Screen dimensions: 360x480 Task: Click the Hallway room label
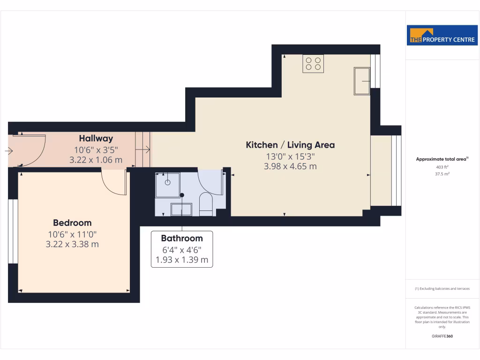point(96,138)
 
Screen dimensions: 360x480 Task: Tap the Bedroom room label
point(72,223)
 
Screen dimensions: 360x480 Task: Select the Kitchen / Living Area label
point(290,145)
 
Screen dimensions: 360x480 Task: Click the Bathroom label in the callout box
point(182,238)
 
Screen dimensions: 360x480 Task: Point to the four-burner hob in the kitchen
point(313,63)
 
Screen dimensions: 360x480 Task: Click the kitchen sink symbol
point(361,81)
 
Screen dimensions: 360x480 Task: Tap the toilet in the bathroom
point(206,204)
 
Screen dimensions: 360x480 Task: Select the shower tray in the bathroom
point(167,185)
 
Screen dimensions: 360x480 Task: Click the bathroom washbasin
point(181,209)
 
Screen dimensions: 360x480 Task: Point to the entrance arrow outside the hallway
point(9,151)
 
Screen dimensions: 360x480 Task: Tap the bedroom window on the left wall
point(13,231)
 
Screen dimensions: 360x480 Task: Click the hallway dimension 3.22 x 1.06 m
point(96,160)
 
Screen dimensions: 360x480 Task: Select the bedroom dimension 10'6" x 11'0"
point(72,234)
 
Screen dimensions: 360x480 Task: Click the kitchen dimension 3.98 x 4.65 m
point(290,166)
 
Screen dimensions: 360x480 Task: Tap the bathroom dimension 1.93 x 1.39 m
point(182,260)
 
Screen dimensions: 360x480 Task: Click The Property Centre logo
point(442,37)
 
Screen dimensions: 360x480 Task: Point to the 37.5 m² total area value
point(442,173)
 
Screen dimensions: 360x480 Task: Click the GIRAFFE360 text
point(442,336)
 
